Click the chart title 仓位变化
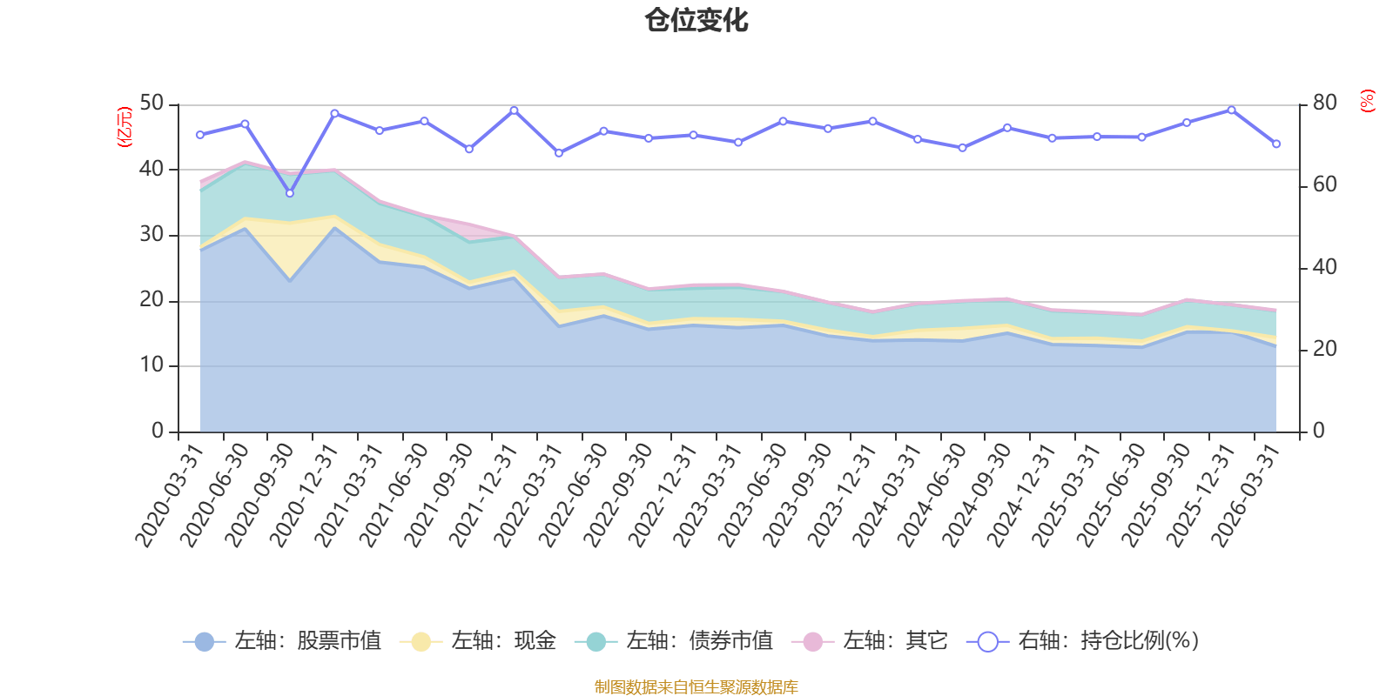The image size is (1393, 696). click(696, 20)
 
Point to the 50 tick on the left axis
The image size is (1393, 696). click(151, 103)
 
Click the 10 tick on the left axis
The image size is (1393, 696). click(151, 365)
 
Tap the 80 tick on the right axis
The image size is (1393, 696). click(1324, 103)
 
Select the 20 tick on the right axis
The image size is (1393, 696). click(1324, 349)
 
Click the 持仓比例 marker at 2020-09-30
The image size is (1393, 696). click(290, 193)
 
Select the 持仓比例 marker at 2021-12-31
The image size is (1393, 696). click(514, 110)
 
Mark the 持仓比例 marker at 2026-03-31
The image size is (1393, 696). click(1276, 144)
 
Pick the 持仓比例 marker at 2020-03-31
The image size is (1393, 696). click(200, 135)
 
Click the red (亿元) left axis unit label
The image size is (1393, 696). click(124, 127)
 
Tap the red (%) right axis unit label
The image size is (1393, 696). click(1367, 101)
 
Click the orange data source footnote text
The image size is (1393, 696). click(696, 687)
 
